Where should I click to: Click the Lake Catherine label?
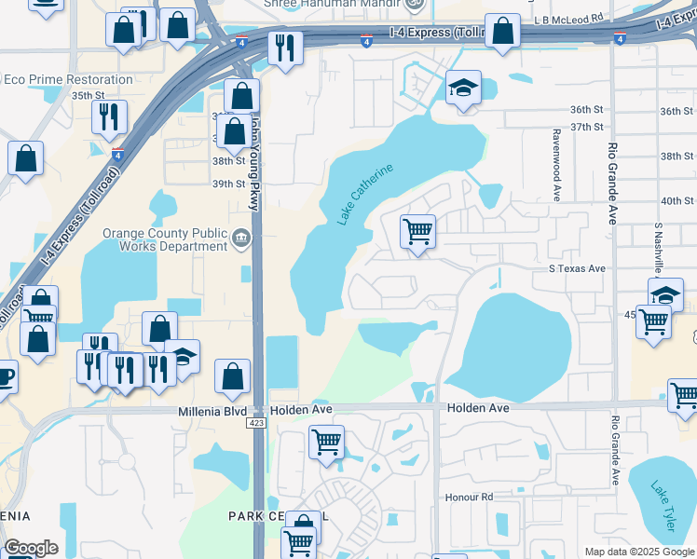pos(365,194)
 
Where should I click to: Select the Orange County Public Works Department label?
pos(165,239)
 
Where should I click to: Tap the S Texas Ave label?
pos(577,268)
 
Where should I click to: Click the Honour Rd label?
pos(468,498)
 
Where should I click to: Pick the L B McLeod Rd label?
pos(569,19)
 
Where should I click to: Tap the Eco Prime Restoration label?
pos(67,79)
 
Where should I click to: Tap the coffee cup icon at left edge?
pos(5,376)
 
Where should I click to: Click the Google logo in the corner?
pos(31,548)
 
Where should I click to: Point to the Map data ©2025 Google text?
pos(639,552)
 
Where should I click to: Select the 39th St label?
pos(227,184)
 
